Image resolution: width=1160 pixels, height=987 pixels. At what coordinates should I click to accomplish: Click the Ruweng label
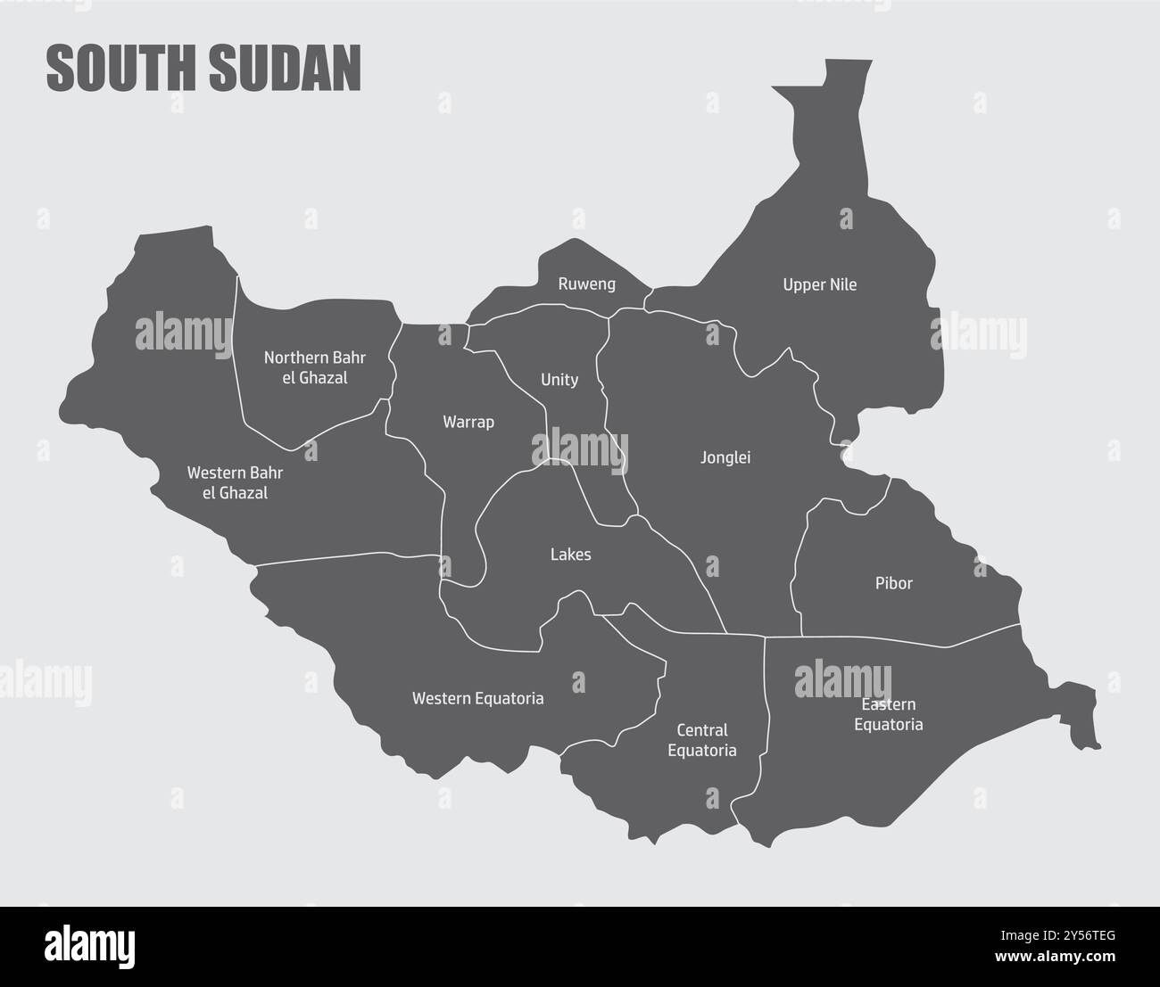586,284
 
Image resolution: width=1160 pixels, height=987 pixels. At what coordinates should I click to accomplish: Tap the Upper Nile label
819,285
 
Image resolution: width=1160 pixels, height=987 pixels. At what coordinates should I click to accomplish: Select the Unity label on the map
559,380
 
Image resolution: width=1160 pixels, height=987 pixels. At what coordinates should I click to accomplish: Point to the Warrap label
468,422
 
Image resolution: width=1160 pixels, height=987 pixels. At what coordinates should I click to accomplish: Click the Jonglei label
725,457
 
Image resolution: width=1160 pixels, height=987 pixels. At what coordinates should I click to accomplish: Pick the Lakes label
570,555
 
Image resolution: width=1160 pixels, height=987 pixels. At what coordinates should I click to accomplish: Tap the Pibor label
893,583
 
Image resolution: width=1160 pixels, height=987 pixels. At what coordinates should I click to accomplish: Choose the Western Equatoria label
477,698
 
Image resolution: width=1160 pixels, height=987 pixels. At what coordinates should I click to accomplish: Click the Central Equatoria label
702,740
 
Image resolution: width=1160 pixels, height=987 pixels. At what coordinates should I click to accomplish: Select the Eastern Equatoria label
888,714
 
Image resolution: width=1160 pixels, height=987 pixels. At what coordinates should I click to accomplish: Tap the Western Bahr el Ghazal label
236,481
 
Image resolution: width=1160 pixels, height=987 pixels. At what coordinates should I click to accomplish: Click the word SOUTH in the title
121,70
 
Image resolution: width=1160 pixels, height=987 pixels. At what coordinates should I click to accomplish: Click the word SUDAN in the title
286,70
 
